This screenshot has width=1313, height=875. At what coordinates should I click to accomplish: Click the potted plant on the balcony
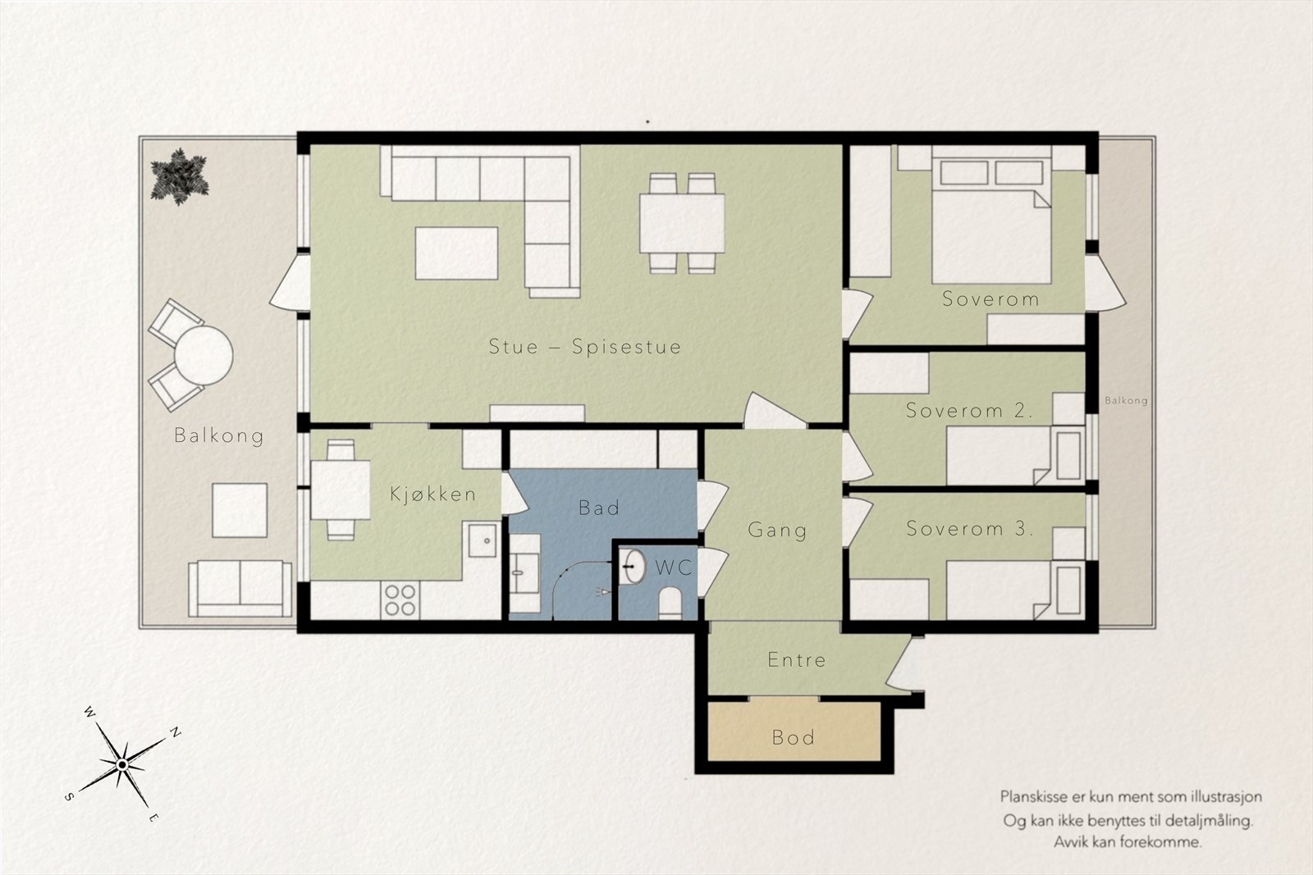click(x=180, y=176)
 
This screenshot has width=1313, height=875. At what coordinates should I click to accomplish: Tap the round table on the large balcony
click(x=204, y=355)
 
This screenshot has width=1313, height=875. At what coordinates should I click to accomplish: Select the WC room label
click(x=674, y=567)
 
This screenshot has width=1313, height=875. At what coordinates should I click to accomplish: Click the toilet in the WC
click(x=670, y=603)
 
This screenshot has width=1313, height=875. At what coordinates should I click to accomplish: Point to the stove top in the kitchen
click(x=400, y=599)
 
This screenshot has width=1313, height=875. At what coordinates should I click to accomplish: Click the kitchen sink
click(x=482, y=540)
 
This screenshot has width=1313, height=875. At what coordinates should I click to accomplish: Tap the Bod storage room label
click(x=794, y=737)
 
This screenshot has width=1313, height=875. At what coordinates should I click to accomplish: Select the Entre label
click(x=797, y=660)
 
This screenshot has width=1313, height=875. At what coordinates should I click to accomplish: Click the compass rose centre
click(x=122, y=765)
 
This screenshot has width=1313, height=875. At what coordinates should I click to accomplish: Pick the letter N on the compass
click(x=175, y=732)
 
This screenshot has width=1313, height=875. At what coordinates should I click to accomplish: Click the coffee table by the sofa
click(x=456, y=253)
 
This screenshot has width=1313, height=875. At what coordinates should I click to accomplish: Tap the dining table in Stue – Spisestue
click(x=682, y=223)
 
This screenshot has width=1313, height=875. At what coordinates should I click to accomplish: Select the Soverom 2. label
click(x=969, y=411)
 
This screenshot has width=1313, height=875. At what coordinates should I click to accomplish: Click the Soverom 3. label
click(x=969, y=529)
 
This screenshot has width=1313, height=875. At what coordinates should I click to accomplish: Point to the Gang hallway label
click(x=777, y=531)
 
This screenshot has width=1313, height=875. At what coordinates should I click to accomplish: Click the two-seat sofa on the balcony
click(x=240, y=589)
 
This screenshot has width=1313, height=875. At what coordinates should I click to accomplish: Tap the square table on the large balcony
click(x=240, y=510)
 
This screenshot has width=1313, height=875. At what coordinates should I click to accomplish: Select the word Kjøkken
click(x=432, y=494)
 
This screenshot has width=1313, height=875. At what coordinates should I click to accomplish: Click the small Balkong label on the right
click(x=1126, y=401)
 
